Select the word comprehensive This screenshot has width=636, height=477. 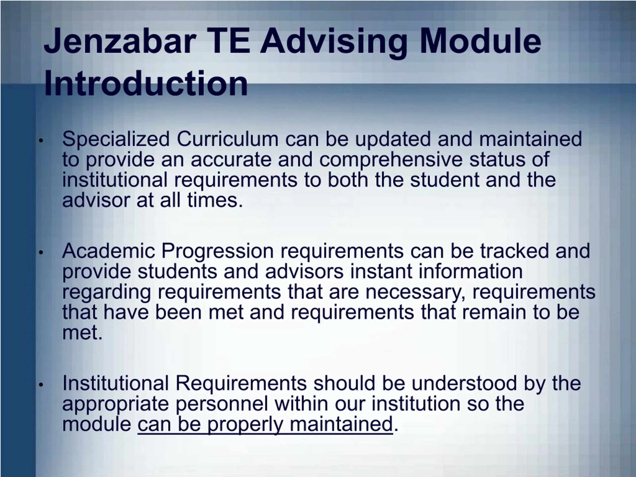[391, 160]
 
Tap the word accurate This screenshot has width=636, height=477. [231, 160]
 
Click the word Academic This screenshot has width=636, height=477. [108, 251]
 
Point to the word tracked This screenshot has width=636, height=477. [514, 251]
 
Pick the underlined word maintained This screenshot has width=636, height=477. [341, 424]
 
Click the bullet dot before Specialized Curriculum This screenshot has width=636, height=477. [41, 141]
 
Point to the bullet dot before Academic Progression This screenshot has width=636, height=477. [41, 252]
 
